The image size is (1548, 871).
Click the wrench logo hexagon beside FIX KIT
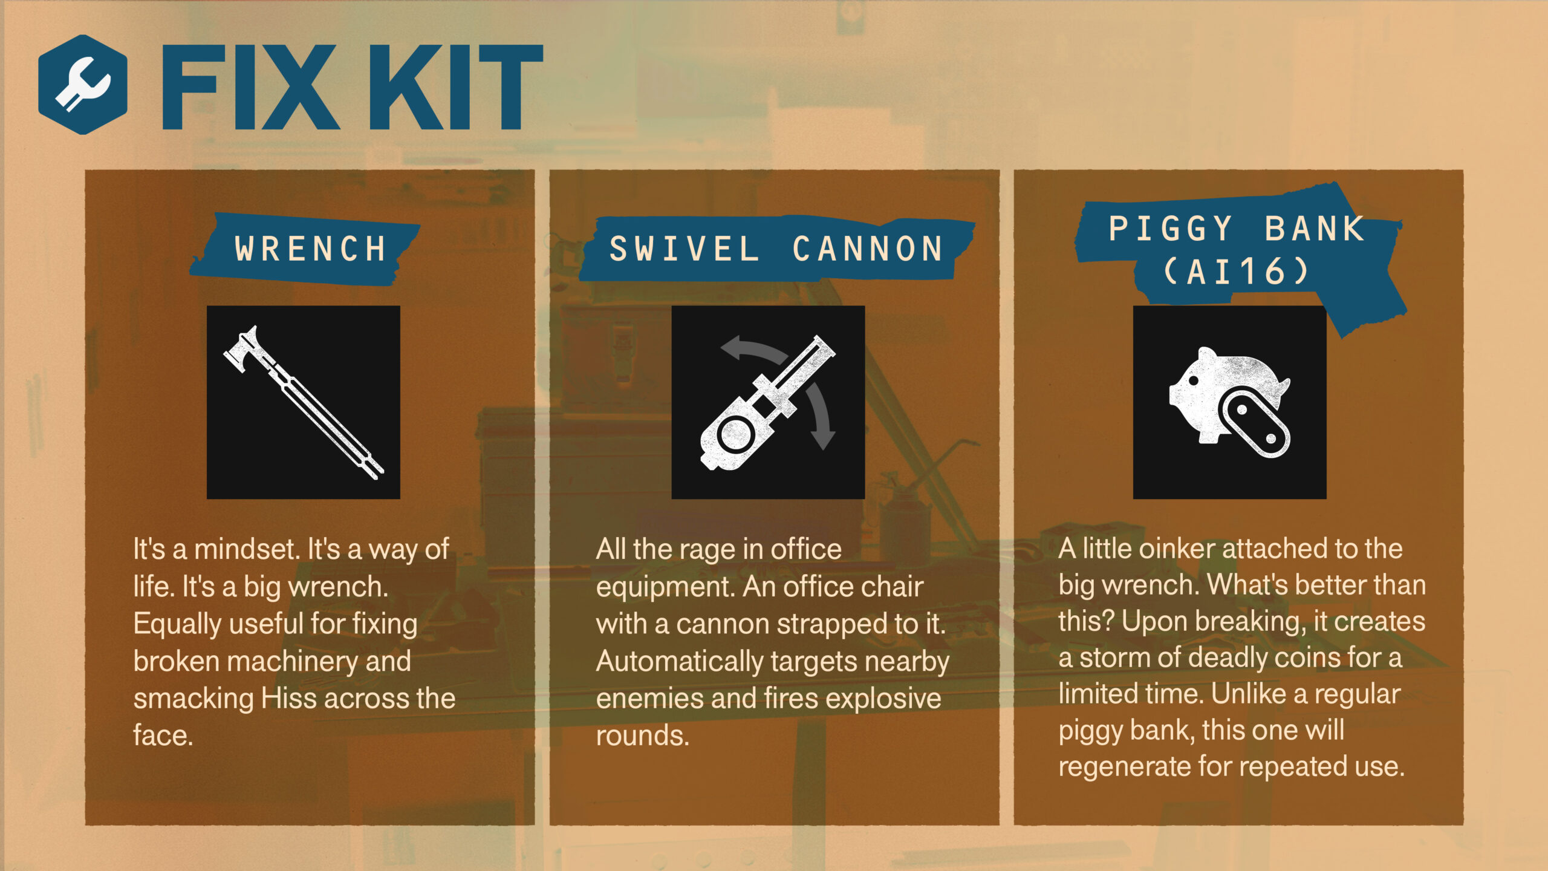coord(83,85)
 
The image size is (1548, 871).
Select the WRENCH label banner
coord(309,249)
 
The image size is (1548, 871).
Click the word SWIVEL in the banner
coord(684,249)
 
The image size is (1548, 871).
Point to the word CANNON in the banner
coord(868,249)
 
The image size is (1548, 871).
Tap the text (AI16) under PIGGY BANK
coord(1236,272)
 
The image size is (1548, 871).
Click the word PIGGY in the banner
coord(1171,229)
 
